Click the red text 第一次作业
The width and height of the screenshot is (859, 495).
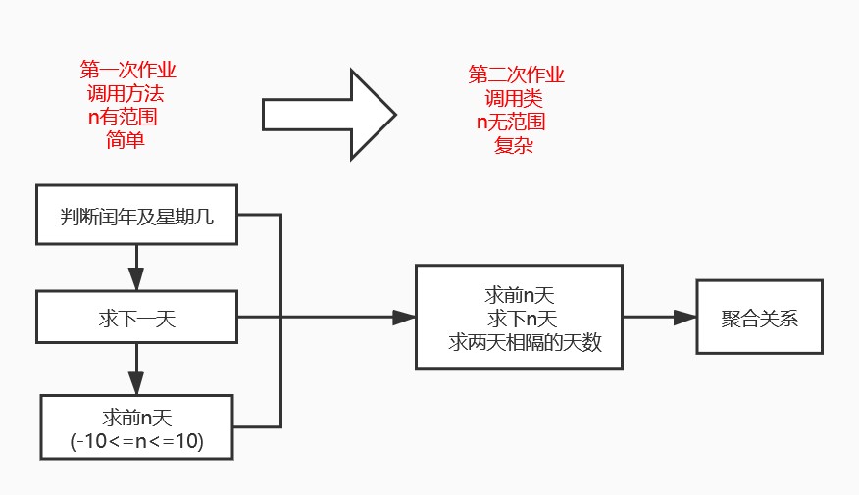coord(128,71)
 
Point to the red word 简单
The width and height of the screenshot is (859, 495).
coord(126,140)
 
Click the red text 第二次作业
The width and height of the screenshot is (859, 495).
coord(517,75)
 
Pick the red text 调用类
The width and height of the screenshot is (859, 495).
coord(513,99)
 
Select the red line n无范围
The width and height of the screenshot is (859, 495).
coord(511,123)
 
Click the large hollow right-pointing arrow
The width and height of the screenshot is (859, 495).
coord(328,115)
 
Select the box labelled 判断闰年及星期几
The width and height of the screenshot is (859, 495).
coord(136,215)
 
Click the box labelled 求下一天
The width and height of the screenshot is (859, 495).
coord(137,317)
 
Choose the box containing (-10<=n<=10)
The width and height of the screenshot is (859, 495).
coord(137,427)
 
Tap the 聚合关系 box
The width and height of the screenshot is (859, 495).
coord(759,317)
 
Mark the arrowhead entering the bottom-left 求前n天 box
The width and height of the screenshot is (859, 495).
coord(137,385)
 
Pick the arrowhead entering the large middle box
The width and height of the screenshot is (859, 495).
coord(405,317)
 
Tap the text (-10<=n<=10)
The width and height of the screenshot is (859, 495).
coord(137,441)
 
